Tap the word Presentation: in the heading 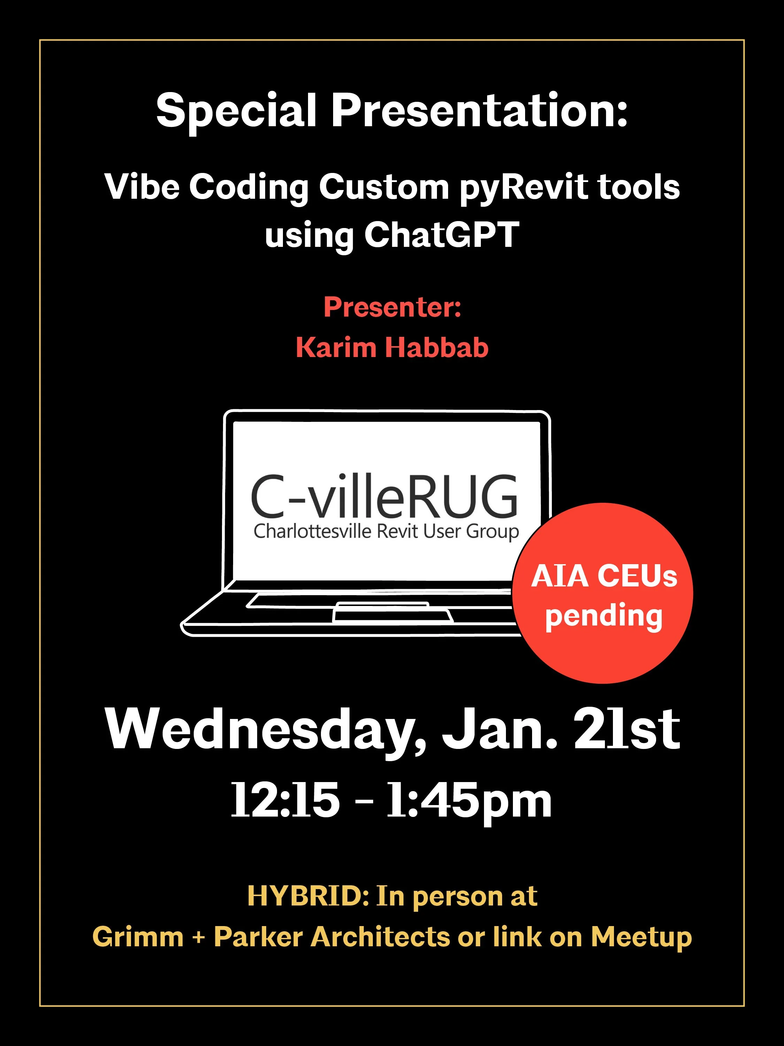[x=479, y=111]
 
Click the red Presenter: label [x=392, y=308]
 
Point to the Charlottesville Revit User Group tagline [x=386, y=531]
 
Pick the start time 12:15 [x=285, y=800]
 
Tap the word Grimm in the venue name [x=138, y=937]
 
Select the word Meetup [x=641, y=937]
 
